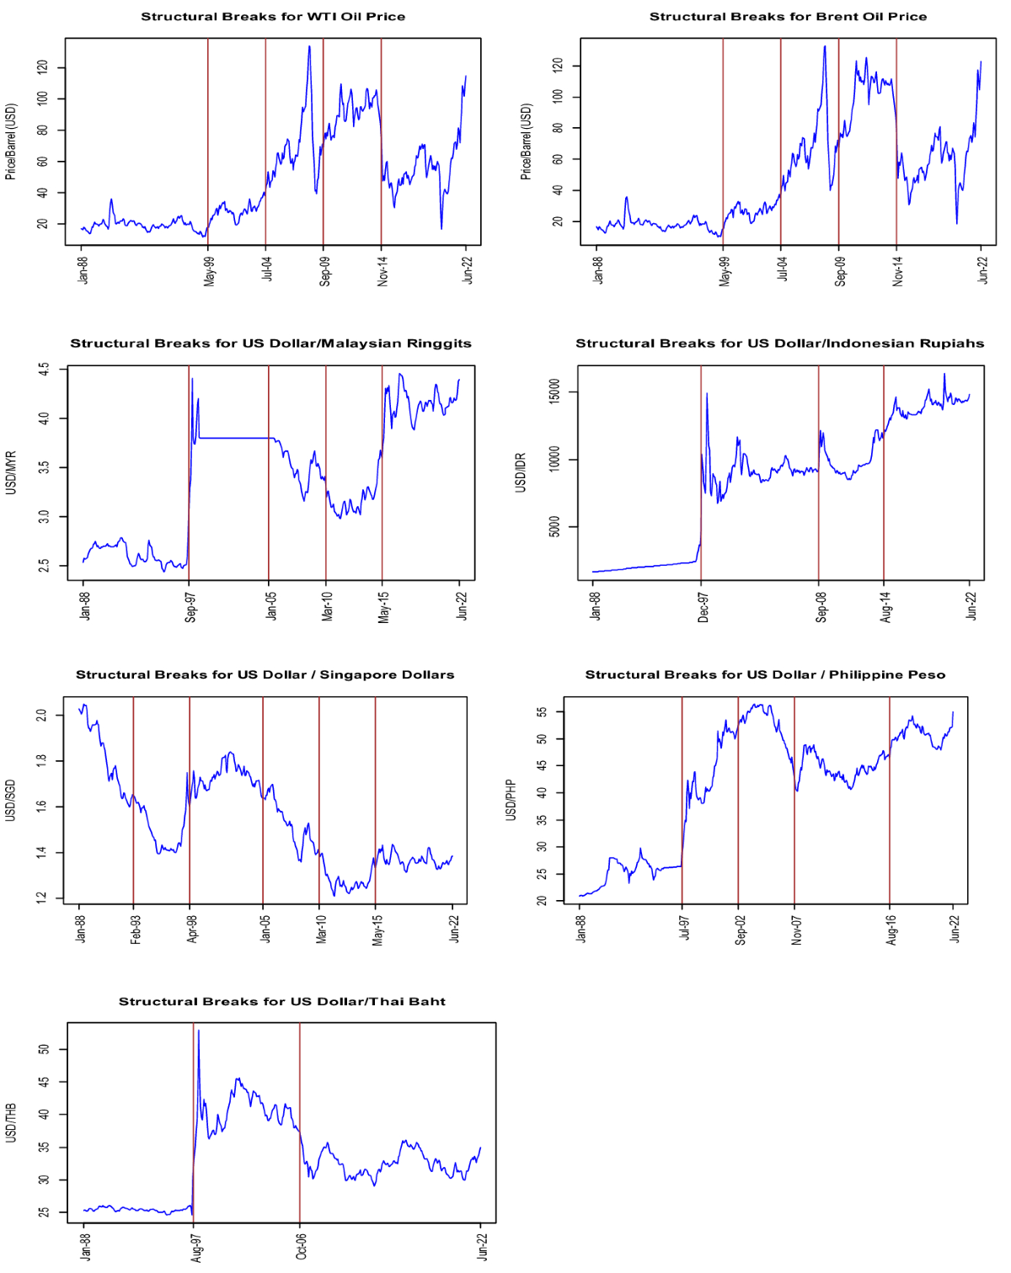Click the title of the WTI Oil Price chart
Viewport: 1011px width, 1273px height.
pos(272,17)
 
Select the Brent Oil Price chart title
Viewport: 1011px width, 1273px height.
pos(788,17)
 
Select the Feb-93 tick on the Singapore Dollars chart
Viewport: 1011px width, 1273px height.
pos(135,929)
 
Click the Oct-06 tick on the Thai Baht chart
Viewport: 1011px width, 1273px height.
pos(301,1246)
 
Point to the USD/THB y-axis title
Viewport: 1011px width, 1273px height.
pos(11,1122)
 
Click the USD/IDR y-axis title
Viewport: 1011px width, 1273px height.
pos(521,472)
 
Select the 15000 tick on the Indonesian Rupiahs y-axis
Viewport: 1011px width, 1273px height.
pos(554,391)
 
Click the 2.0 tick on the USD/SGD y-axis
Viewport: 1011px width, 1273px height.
pos(40,715)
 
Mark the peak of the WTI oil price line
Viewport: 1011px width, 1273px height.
pos(309,46)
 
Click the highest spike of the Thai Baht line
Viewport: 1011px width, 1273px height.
pos(198,1030)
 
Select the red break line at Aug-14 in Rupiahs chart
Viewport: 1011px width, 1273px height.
pos(883,471)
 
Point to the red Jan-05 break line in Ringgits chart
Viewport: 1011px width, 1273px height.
pos(269,471)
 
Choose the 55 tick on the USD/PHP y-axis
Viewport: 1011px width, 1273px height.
pos(542,711)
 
